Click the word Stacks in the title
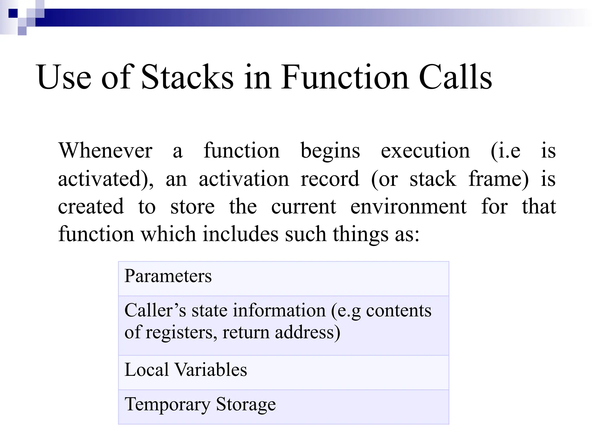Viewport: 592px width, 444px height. [187, 77]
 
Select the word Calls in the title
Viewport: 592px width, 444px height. [455, 77]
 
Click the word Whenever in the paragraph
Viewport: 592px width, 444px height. [106, 151]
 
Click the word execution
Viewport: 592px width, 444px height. [425, 151]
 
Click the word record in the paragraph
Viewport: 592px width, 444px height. [330, 179]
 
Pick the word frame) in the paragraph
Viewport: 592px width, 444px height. [498, 179]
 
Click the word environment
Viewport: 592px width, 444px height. [408, 207]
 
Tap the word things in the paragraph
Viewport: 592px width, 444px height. [360, 234]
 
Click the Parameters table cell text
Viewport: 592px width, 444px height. [168, 276]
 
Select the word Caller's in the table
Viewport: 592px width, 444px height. [155, 310]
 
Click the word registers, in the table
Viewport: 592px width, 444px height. [181, 332]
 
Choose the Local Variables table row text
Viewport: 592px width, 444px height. [186, 370]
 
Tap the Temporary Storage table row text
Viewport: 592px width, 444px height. [200, 404]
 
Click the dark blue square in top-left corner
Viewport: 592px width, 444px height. [13, 13]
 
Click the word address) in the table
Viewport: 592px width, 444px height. [308, 332]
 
